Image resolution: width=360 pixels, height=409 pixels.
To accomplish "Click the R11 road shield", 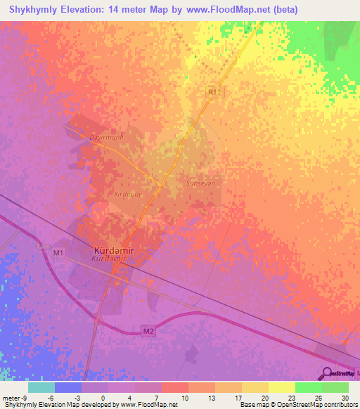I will (214, 91).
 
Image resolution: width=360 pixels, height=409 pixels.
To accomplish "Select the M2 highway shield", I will (148, 332).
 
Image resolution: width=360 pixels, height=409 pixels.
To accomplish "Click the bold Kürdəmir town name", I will (114, 250).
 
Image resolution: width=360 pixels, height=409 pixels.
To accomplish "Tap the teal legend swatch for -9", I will (41, 387).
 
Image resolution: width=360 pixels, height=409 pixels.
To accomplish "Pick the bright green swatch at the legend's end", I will (335, 387).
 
